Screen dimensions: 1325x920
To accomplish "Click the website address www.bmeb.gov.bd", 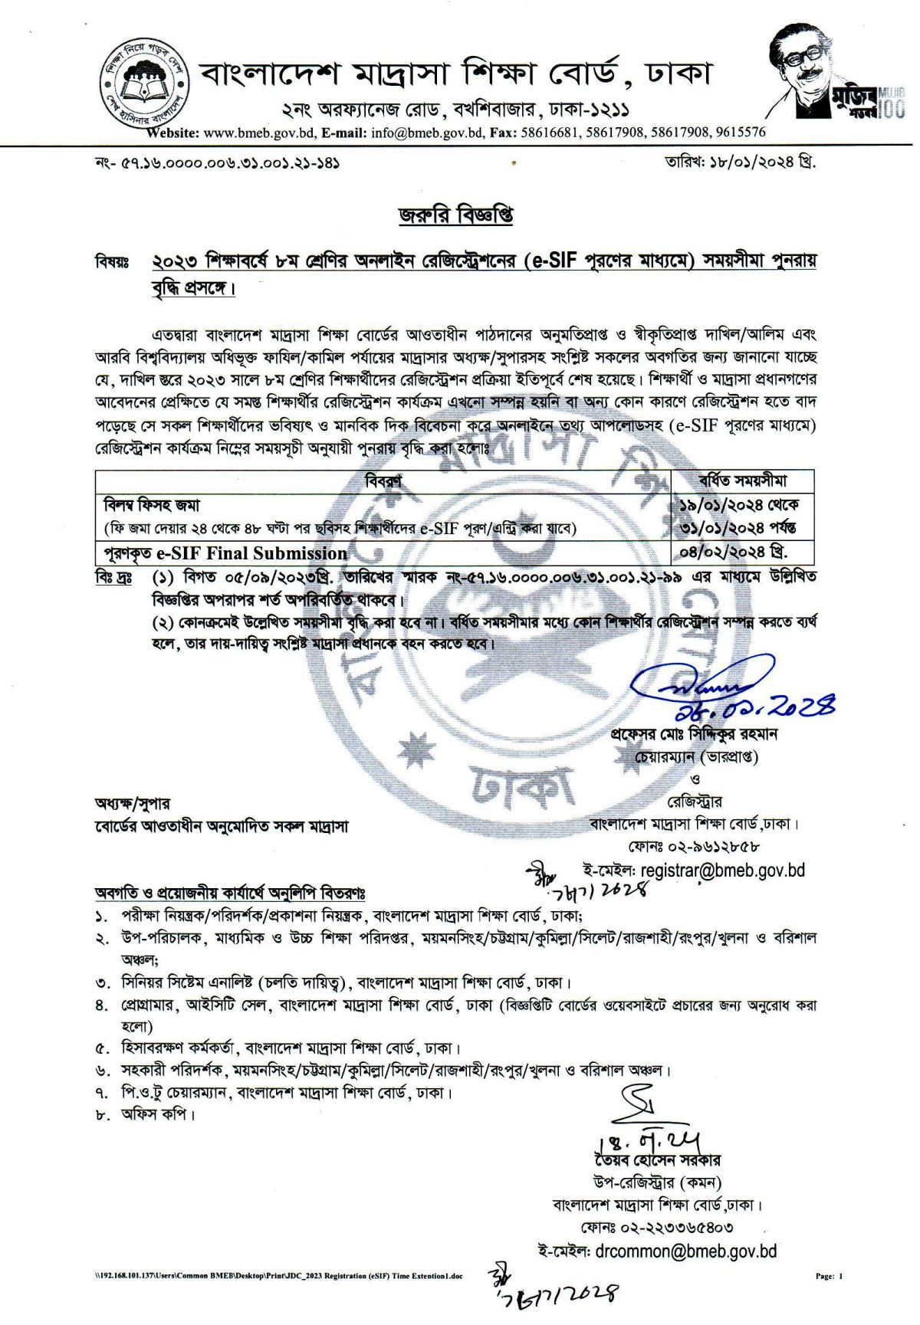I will (x=260, y=132).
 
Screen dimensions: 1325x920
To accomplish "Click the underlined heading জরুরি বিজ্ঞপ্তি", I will (x=455, y=215).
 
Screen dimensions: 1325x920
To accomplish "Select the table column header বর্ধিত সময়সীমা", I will (x=742, y=481).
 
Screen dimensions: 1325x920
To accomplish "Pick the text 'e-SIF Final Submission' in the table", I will (x=252, y=553).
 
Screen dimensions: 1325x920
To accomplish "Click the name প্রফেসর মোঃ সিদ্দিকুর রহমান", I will (x=694, y=733).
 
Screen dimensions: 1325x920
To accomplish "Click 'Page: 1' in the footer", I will (x=829, y=1276).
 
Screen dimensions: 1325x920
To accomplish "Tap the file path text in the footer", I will (x=273, y=1276).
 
